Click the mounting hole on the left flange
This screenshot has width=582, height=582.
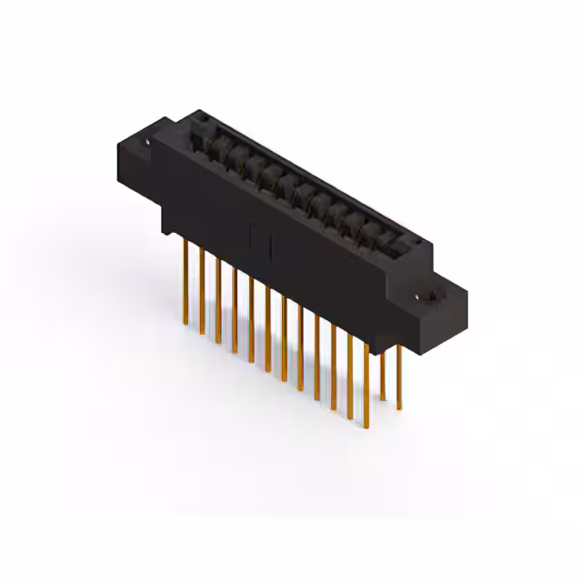tap(146, 142)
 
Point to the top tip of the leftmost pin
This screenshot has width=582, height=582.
tap(186, 240)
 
